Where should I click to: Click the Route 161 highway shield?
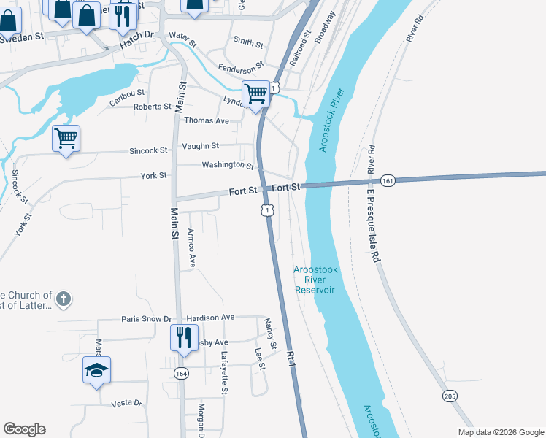tap(388, 180)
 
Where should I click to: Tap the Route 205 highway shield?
tap(449, 395)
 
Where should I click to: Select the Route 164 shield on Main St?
tap(180, 373)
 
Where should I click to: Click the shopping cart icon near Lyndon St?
tap(255, 94)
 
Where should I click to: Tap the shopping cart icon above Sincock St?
tap(66, 138)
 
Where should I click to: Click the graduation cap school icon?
tap(96, 370)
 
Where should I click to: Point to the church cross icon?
tap(64, 299)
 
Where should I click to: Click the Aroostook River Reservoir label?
tap(315, 280)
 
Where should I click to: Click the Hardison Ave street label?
tap(210, 318)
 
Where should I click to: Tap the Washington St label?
tap(228, 165)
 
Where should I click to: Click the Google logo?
tap(24, 429)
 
